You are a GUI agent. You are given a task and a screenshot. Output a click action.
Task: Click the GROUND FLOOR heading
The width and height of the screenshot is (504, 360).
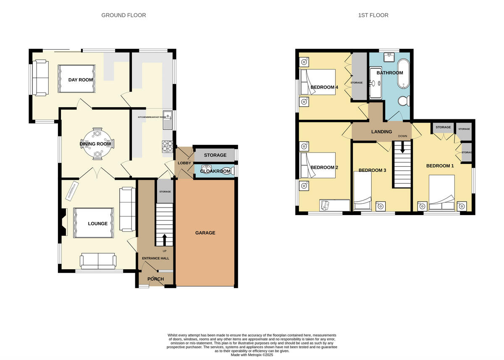[x=123, y=16]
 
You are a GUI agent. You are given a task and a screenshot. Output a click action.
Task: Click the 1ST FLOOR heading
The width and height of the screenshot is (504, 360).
[x=373, y=16]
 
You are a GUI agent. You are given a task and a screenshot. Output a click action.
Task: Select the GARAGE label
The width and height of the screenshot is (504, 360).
[x=205, y=233]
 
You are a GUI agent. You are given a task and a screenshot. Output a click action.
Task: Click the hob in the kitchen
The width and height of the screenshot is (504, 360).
[x=167, y=145]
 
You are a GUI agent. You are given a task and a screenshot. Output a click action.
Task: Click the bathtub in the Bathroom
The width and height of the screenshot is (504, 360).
[x=403, y=74]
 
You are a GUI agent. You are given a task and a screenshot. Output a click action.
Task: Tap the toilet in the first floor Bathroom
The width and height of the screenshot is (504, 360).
[x=403, y=101]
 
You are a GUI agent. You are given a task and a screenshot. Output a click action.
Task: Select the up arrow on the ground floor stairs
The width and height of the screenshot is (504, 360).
[x=164, y=239]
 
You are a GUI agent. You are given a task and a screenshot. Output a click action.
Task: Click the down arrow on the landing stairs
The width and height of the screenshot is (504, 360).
[x=403, y=147]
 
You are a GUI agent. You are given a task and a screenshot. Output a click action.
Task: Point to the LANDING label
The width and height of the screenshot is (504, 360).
[x=381, y=131]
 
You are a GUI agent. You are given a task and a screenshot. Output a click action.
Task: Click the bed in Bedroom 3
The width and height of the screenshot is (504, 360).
[x=363, y=192]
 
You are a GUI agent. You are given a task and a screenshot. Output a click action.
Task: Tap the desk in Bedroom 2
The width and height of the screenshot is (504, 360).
[x=334, y=205]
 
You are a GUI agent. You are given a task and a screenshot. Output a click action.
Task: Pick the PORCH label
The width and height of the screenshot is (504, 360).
[x=155, y=279]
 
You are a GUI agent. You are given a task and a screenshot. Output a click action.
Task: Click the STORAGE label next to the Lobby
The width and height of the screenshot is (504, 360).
[x=215, y=155]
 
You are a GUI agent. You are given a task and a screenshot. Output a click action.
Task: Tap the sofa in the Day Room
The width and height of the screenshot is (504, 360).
[x=40, y=77]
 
